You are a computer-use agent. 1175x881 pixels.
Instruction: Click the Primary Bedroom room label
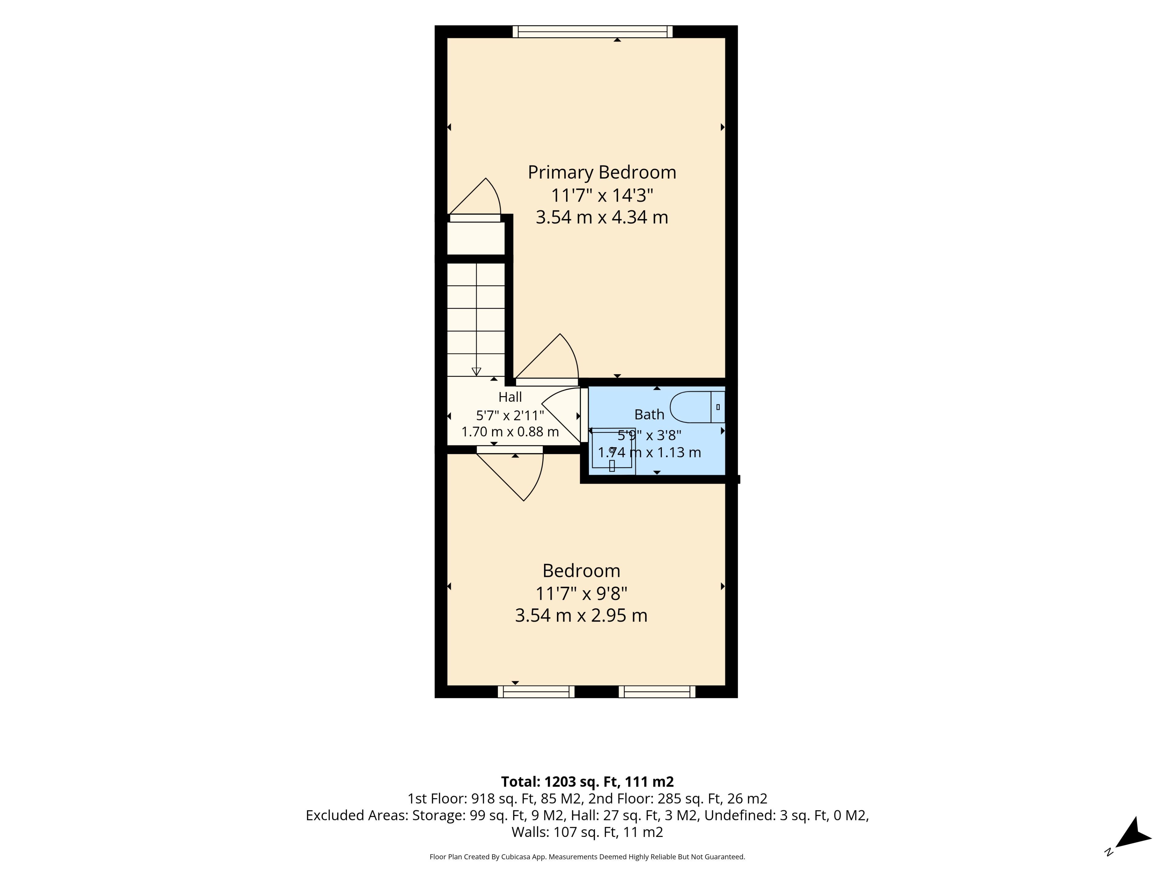coord(602,173)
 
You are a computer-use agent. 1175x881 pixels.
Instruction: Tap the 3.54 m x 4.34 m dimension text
coord(602,217)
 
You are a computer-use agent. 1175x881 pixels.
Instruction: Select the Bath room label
coord(649,414)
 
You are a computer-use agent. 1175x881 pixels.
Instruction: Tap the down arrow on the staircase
coord(476,371)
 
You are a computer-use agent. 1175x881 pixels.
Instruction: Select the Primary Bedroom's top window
coord(592,32)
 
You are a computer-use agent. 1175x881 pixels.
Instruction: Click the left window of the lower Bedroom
coord(536,691)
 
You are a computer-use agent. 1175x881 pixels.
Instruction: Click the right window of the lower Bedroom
coord(657,691)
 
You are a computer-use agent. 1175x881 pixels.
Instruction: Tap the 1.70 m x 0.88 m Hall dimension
coord(510,432)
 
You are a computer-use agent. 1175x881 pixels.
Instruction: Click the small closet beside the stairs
coord(476,238)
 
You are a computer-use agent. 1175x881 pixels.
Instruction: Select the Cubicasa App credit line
coord(587,857)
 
